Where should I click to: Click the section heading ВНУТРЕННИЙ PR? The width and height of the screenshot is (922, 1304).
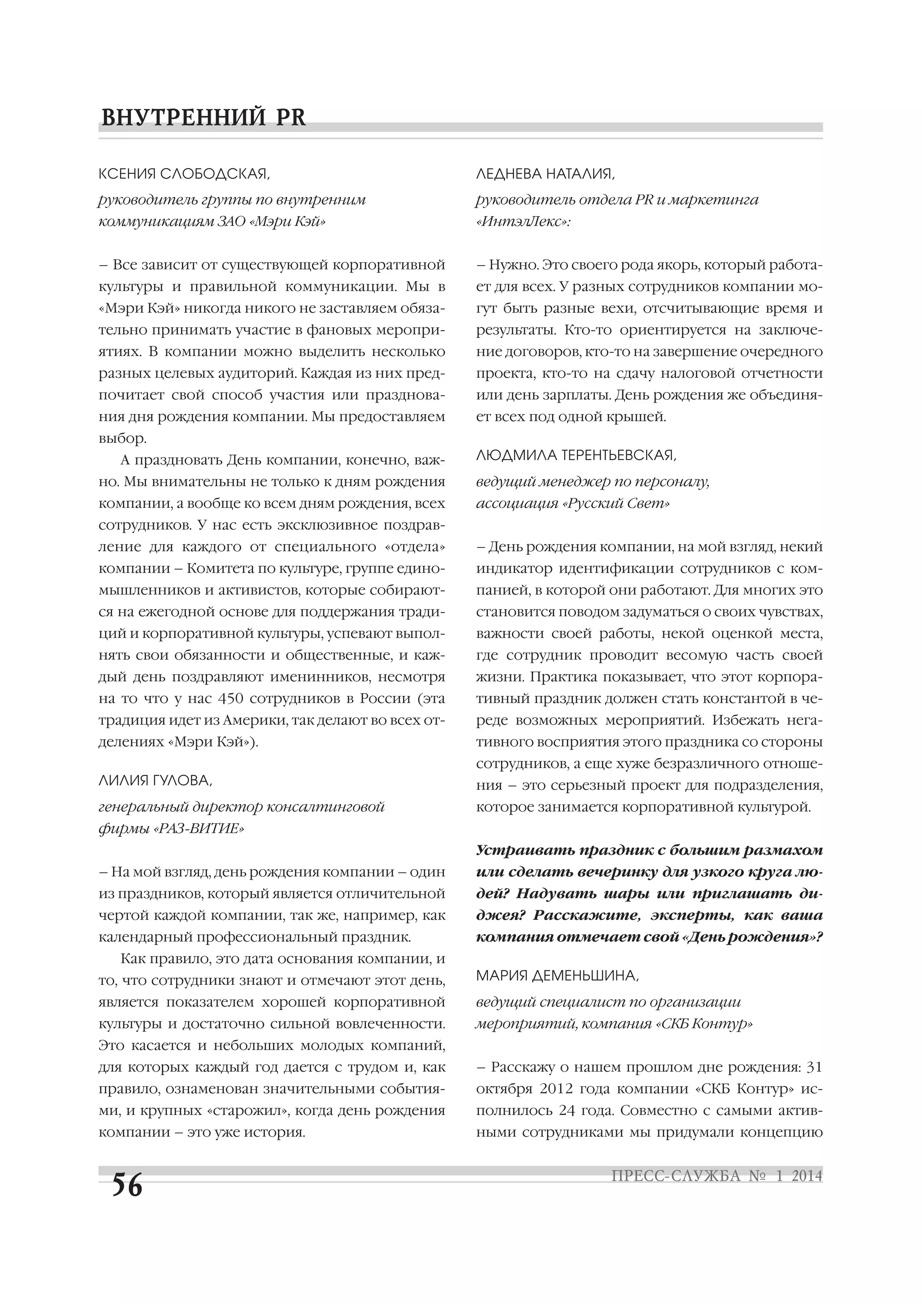tap(203, 117)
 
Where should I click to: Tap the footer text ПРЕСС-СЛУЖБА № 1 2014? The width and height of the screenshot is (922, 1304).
tap(716, 1176)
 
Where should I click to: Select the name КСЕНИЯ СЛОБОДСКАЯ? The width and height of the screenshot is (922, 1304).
tap(184, 174)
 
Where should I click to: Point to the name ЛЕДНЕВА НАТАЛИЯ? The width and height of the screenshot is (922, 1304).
tap(545, 174)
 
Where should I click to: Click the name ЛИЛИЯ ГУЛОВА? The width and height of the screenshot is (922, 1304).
tap(155, 781)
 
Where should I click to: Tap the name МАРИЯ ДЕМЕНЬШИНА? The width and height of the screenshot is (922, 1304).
tap(557, 976)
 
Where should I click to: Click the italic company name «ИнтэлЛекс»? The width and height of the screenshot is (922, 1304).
tap(523, 221)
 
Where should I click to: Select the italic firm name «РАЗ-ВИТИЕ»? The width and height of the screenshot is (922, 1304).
tap(199, 829)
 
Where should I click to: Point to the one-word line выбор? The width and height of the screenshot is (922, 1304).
tap(122, 438)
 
